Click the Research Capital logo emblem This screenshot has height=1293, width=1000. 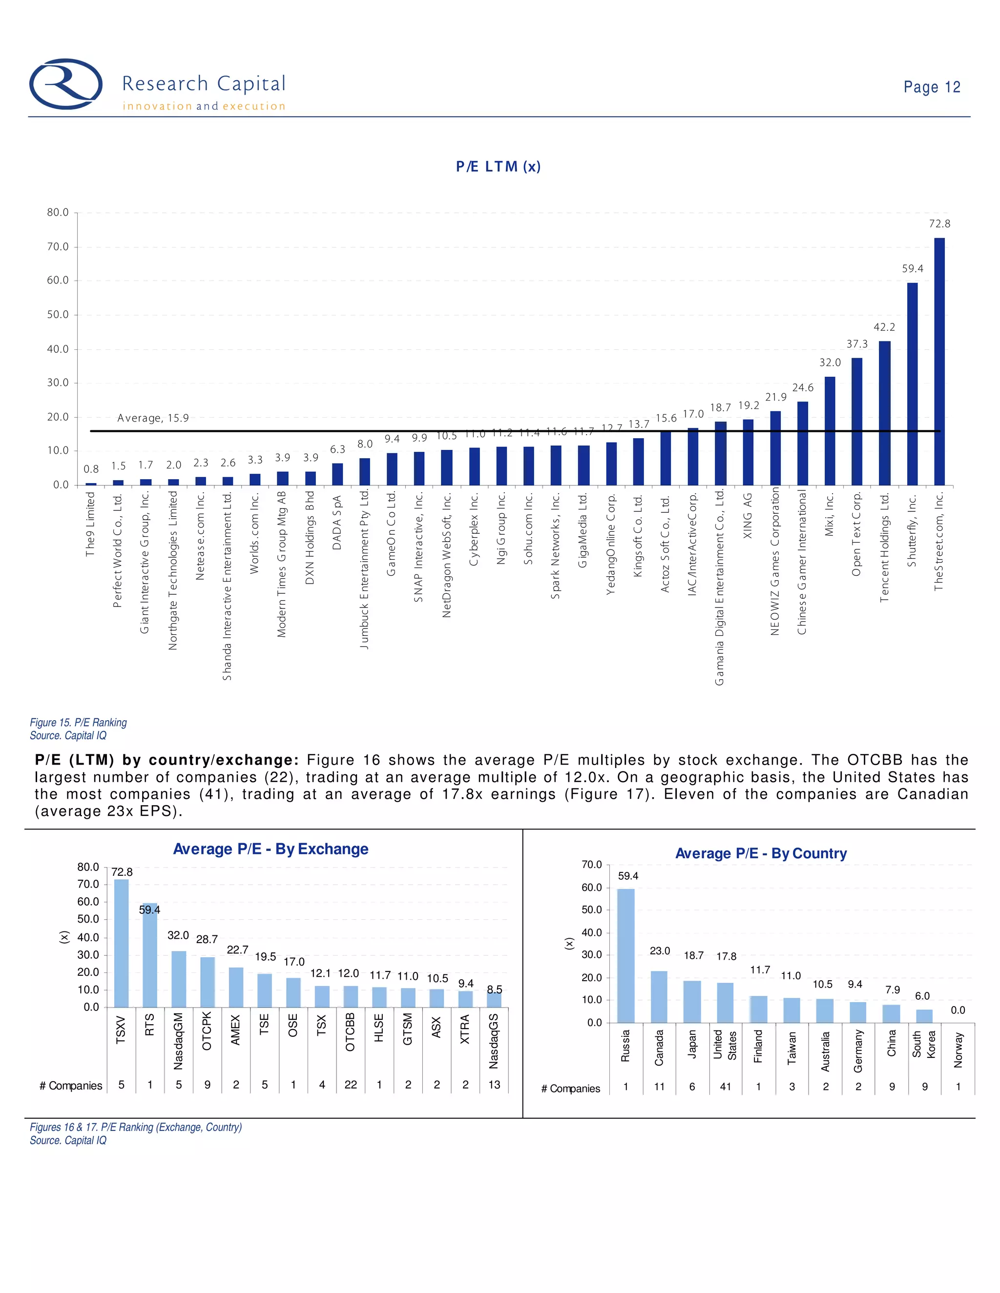(x=66, y=84)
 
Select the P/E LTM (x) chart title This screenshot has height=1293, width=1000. (x=498, y=166)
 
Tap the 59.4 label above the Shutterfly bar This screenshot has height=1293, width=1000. (x=912, y=269)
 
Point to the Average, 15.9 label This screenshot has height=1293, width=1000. (x=153, y=418)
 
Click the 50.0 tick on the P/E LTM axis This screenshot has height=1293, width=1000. (x=58, y=314)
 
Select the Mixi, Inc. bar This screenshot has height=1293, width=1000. (x=830, y=430)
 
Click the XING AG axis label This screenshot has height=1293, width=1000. (x=748, y=516)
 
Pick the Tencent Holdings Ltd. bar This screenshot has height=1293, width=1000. (x=884, y=413)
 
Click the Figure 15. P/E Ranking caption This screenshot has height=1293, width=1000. (x=78, y=722)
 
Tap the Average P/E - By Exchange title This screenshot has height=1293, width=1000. (x=270, y=849)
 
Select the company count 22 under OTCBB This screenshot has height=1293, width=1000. (x=351, y=1085)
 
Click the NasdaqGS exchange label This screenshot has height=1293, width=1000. (x=494, y=1041)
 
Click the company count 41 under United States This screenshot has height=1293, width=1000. (x=725, y=1087)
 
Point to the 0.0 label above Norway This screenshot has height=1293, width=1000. (x=958, y=1010)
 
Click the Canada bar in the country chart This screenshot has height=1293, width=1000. (x=659, y=996)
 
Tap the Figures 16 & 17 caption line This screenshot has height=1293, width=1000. (x=136, y=1127)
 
